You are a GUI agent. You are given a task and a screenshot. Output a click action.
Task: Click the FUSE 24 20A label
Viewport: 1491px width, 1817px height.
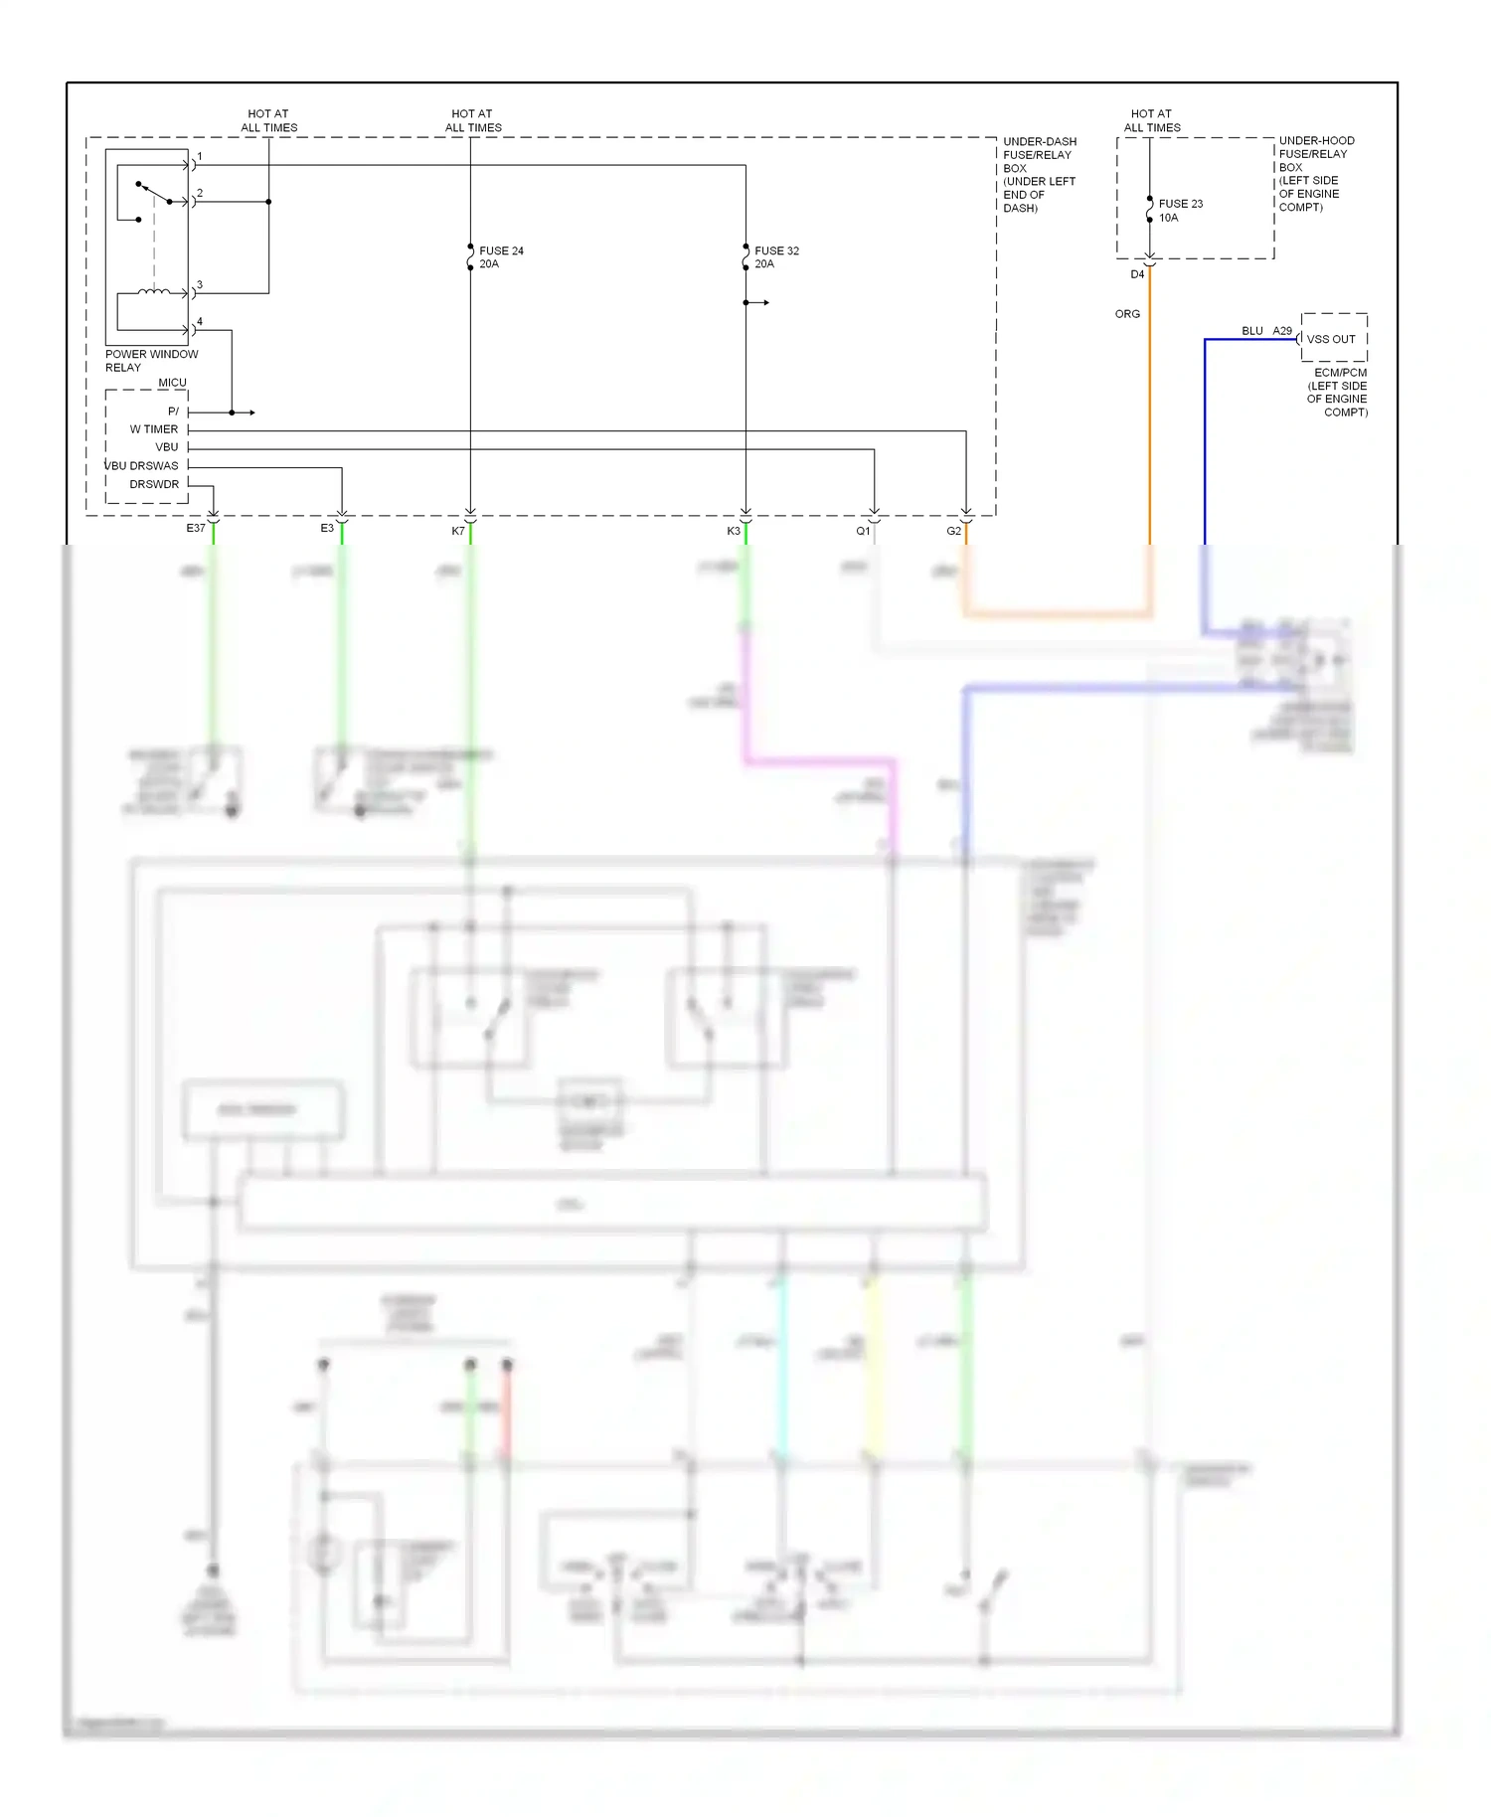coord(501,257)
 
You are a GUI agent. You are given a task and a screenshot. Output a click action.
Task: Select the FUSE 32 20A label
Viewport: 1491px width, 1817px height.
coord(776,257)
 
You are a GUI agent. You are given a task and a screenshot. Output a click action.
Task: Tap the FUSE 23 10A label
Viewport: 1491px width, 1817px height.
coord(1180,211)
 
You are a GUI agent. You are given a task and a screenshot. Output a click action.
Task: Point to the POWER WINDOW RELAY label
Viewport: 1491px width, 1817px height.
coord(151,361)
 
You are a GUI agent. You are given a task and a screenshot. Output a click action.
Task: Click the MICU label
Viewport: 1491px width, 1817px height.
coord(172,383)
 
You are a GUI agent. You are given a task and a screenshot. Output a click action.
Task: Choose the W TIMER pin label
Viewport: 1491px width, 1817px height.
coord(154,429)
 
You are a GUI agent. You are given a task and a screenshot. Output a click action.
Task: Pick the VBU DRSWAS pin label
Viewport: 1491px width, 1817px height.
coord(142,466)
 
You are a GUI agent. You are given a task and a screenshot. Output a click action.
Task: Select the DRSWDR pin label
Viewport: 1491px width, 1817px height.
coord(154,485)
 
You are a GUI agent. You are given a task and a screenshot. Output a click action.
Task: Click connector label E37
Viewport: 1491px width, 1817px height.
coord(196,529)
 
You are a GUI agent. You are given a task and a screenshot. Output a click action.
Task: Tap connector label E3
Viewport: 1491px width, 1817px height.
coord(327,529)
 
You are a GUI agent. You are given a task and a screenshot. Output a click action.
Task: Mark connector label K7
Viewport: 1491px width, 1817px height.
coord(458,532)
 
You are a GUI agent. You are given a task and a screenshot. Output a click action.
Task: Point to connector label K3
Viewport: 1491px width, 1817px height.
coord(734,532)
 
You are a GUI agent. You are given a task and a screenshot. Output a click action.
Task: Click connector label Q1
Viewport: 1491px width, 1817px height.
coord(863,532)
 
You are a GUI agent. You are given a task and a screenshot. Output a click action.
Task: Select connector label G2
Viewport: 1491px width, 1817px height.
coord(953,532)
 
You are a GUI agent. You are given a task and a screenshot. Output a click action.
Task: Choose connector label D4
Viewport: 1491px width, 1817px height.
coord(1137,274)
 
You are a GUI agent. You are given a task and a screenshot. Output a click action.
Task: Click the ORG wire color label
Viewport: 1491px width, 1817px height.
coord(1127,314)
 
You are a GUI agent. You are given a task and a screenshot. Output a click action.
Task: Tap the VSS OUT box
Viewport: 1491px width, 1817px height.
coord(1333,339)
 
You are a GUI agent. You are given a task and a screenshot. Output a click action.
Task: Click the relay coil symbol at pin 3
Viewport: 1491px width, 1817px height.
coord(153,292)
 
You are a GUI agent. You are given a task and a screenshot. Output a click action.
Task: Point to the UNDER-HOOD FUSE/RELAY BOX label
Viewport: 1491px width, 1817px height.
coord(1315,174)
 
